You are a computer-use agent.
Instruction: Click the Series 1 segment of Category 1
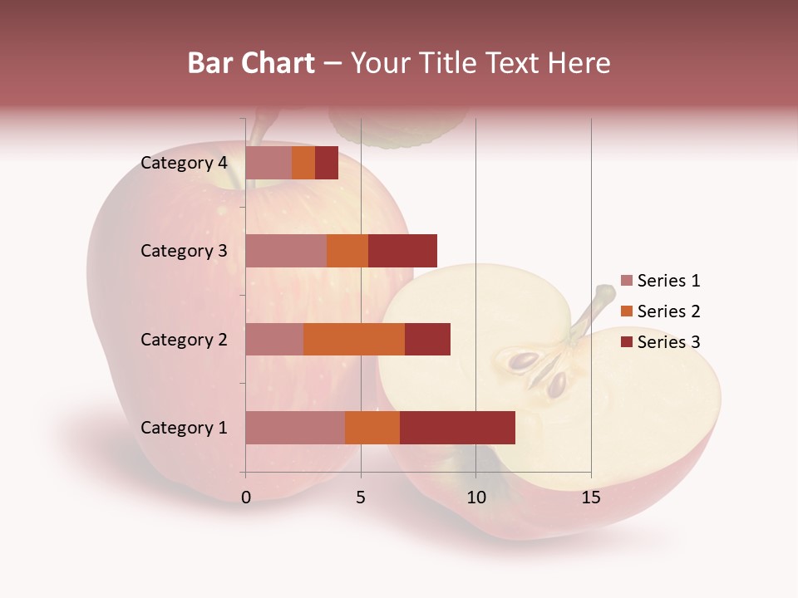click(295, 428)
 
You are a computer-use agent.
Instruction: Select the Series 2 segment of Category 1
click(372, 428)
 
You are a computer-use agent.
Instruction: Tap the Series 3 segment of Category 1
click(457, 428)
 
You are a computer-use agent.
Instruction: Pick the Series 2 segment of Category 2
click(354, 339)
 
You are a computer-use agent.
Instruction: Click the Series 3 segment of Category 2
click(427, 339)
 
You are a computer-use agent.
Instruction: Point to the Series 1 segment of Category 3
click(286, 251)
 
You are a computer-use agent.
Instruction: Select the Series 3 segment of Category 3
click(402, 251)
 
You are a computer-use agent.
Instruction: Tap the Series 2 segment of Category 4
click(303, 163)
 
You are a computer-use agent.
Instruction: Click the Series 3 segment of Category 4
click(327, 163)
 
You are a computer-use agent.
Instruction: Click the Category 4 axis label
click(184, 163)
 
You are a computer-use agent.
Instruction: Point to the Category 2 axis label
click(184, 339)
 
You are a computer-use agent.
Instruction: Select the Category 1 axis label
click(184, 428)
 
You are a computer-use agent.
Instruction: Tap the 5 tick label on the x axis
click(361, 498)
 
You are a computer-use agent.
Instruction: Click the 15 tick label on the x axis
click(590, 498)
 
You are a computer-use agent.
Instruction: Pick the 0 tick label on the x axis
click(246, 498)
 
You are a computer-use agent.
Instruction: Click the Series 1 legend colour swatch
click(627, 281)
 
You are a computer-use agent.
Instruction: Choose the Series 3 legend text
click(668, 342)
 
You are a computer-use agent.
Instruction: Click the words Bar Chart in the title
click(251, 63)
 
